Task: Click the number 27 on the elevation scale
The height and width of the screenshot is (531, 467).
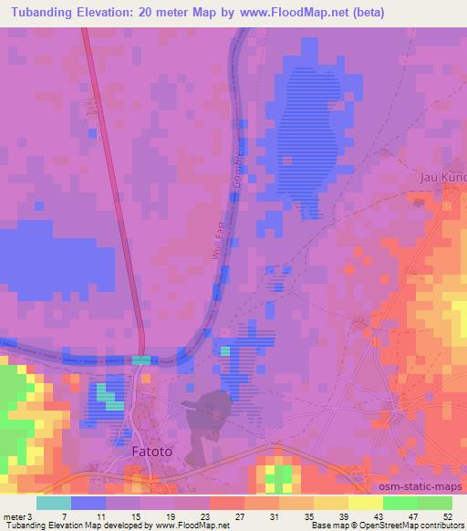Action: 238,515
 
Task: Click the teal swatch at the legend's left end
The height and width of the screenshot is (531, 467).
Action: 54,503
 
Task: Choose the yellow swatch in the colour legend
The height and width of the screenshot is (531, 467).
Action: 366,503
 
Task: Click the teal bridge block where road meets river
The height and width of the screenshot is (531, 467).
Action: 140,360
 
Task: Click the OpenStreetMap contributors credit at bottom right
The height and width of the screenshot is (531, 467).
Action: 407,526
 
